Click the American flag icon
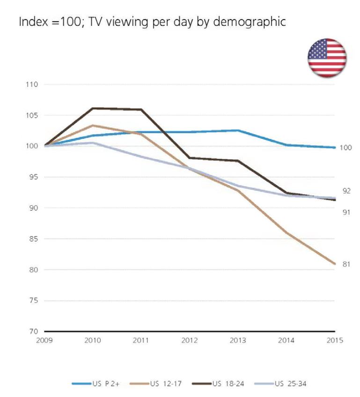[327, 57]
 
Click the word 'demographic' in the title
[250, 22]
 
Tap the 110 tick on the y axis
[32, 85]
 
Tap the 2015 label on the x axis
[334, 340]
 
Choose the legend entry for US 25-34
[286, 384]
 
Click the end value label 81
[347, 264]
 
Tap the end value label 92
[347, 191]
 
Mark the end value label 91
[347, 212]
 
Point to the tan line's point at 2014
[286, 233]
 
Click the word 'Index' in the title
[30, 22]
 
